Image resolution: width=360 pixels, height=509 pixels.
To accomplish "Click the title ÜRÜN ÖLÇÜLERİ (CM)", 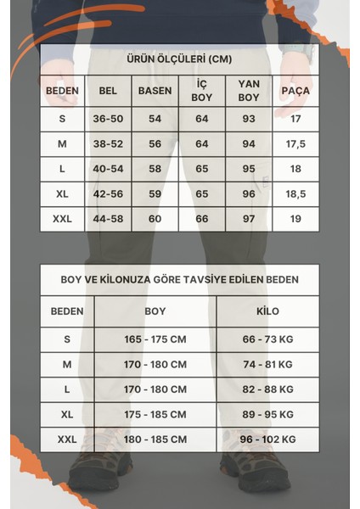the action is pyautogui.click(x=179, y=59).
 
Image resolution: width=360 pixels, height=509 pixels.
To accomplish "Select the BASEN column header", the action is pyautogui.click(x=155, y=91).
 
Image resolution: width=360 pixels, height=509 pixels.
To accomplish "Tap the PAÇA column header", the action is pyautogui.click(x=295, y=91).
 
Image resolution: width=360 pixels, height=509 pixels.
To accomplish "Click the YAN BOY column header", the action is pyautogui.click(x=249, y=91).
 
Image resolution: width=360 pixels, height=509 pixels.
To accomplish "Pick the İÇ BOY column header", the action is pyautogui.click(x=201, y=91).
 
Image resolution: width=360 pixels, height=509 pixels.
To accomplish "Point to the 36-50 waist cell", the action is pyautogui.click(x=108, y=119).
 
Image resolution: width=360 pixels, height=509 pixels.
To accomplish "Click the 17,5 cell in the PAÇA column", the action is pyautogui.click(x=295, y=144).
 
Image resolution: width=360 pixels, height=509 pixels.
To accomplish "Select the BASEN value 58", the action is pyautogui.click(x=155, y=169).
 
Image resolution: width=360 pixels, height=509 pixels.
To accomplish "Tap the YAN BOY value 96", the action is pyautogui.click(x=249, y=193).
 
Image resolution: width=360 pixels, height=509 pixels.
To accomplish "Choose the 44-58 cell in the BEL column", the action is pyautogui.click(x=108, y=219).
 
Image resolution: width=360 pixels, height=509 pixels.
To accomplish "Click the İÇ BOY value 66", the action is pyautogui.click(x=201, y=219).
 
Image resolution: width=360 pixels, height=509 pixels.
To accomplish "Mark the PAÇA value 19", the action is pyautogui.click(x=295, y=219).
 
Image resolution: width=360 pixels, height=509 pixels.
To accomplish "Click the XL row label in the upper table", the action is pyautogui.click(x=62, y=193).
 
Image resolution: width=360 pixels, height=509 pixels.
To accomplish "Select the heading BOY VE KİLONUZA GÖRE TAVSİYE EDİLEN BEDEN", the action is pyautogui.click(x=179, y=278).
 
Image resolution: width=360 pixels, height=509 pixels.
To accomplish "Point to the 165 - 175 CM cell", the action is pyautogui.click(x=155, y=339).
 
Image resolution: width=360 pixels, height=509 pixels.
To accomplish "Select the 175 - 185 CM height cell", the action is pyautogui.click(x=155, y=414).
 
